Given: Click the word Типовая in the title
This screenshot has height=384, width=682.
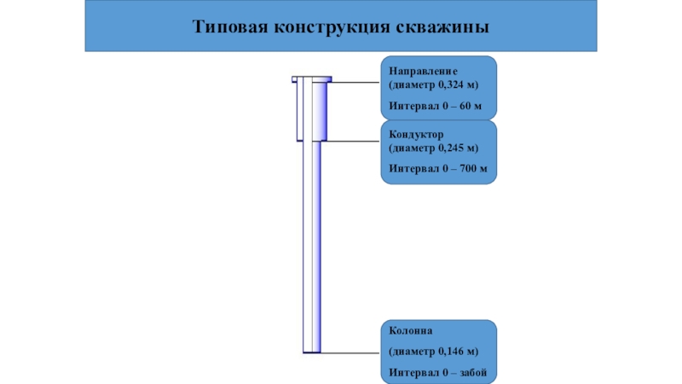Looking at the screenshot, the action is tap(229, 26).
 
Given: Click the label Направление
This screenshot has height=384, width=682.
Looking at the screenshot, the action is tap(423, 71).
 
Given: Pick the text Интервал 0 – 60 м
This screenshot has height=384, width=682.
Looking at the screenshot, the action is tap(435, 106).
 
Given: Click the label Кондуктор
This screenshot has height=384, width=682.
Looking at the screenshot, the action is tap(416, 135).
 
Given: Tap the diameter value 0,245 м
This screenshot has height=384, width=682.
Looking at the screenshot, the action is tap(457, 148).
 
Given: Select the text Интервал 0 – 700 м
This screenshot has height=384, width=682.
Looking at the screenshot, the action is tap(438, 168).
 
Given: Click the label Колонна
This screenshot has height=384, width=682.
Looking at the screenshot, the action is tap(411, 331).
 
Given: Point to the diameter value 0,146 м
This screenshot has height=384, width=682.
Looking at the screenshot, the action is tap(457, 352).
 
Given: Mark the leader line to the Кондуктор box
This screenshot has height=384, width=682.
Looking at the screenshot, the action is tap(353, 141).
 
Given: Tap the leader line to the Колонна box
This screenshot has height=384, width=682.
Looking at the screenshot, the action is tap(350, 352).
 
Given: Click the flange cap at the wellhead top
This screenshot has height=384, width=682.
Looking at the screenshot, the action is tap(312, 79).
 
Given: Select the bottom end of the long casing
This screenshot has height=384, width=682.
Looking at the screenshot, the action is tap(312, 352).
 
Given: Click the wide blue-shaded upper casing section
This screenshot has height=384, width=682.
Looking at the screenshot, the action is tap(320, 112).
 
